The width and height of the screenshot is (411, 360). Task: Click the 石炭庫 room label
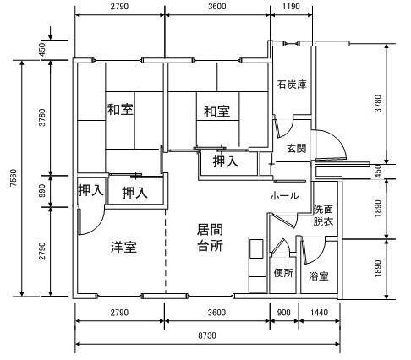coord(292,85)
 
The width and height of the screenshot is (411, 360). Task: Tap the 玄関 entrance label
coord(296,148)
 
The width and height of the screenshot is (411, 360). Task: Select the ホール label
coord(284,195)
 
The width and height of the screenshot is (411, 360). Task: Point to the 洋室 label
coord(123,247)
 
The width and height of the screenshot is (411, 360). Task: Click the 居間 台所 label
coord(210,237)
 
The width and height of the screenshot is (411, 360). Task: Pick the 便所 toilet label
coord(283,273)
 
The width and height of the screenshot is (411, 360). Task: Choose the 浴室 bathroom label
coord(319,276)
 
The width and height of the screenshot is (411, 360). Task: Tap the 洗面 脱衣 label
coord(323,215)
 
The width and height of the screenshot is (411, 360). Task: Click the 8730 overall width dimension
coord(207,335)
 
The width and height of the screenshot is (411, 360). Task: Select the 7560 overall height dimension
coord(13,177)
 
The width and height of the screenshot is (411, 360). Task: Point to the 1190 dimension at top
coord(291,6)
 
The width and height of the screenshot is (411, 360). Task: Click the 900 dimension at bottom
coord(284,313)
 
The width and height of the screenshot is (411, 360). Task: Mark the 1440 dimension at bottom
coord(319,313)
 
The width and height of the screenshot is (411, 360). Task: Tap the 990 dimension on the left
coord(42,191)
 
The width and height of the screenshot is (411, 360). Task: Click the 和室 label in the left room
coord(120,109)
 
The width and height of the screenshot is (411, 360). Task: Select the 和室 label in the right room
coord(216,111)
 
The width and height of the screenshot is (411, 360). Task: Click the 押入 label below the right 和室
coord(226,161)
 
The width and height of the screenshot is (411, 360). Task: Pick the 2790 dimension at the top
coord(119,6)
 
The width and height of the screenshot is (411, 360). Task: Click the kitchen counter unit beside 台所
coord(257,265)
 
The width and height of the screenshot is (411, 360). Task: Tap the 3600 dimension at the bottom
coord(216,313)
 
